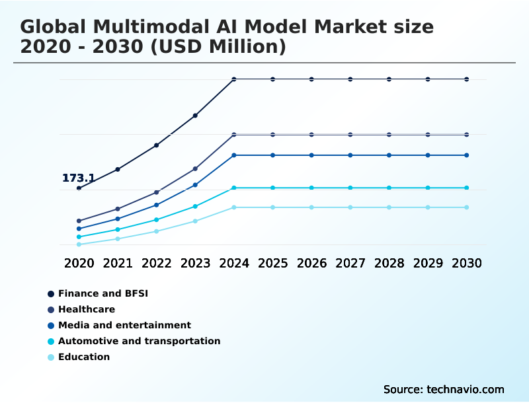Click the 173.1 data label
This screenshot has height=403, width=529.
(x=78, y=178)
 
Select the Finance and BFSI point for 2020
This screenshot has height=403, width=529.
(x=79, y=188)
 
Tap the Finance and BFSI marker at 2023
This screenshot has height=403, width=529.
(x=195, y=116)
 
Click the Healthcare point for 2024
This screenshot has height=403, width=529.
(x=234, y=135)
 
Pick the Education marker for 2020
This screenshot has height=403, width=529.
(x=79, y=244)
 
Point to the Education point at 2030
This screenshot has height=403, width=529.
(x=466, y=207)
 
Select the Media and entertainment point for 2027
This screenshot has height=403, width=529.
(x=350, y=155)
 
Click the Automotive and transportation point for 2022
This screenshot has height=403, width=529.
(x=157, y=219)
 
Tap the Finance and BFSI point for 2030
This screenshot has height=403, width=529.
(x=466, y=79)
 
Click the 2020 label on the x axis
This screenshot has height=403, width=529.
(x=79, y=263)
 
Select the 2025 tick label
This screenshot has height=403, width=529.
(x=272, y=263)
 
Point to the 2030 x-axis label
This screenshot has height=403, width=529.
(x=466, y=263)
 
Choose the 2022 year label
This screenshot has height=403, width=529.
(x=157, y=263)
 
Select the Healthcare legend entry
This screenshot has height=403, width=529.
(x=86, y=309)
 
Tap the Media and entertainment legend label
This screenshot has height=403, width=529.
(x=124, y=325)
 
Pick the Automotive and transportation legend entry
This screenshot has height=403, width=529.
(x=139, y=341)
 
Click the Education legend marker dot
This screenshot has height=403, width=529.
(x=51, y=357)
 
